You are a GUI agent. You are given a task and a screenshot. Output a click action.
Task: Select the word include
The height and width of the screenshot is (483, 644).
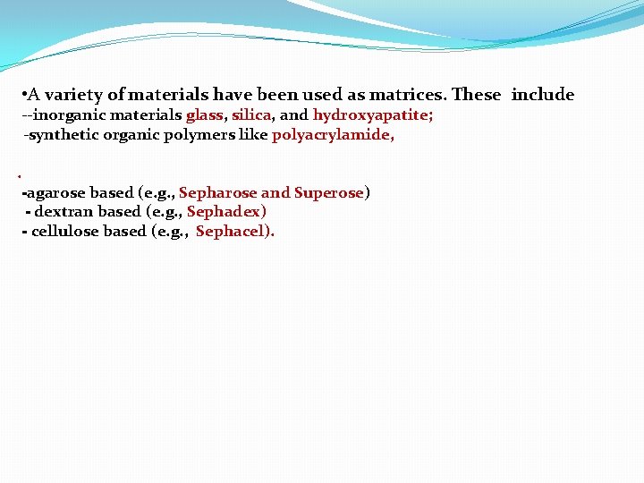[543, 95]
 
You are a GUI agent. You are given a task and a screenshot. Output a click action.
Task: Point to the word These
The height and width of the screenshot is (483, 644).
[477, 95]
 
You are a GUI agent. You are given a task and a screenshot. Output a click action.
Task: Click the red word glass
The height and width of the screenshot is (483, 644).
[205, 115]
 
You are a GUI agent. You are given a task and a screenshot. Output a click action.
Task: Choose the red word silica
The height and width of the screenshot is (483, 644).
[251, 115]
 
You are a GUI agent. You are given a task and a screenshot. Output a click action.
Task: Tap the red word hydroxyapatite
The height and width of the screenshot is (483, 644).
[371, 115]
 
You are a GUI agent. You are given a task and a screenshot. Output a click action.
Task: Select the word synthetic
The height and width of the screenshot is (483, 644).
[62, 135]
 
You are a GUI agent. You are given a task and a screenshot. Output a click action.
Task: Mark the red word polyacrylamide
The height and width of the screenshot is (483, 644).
[333, 135]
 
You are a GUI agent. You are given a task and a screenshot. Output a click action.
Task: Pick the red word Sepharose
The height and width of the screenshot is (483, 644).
[217, 192]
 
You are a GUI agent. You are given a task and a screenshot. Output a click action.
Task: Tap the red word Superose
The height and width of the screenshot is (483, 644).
[329, 192]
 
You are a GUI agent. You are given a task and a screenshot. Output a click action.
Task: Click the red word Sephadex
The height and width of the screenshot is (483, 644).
[226, 212]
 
